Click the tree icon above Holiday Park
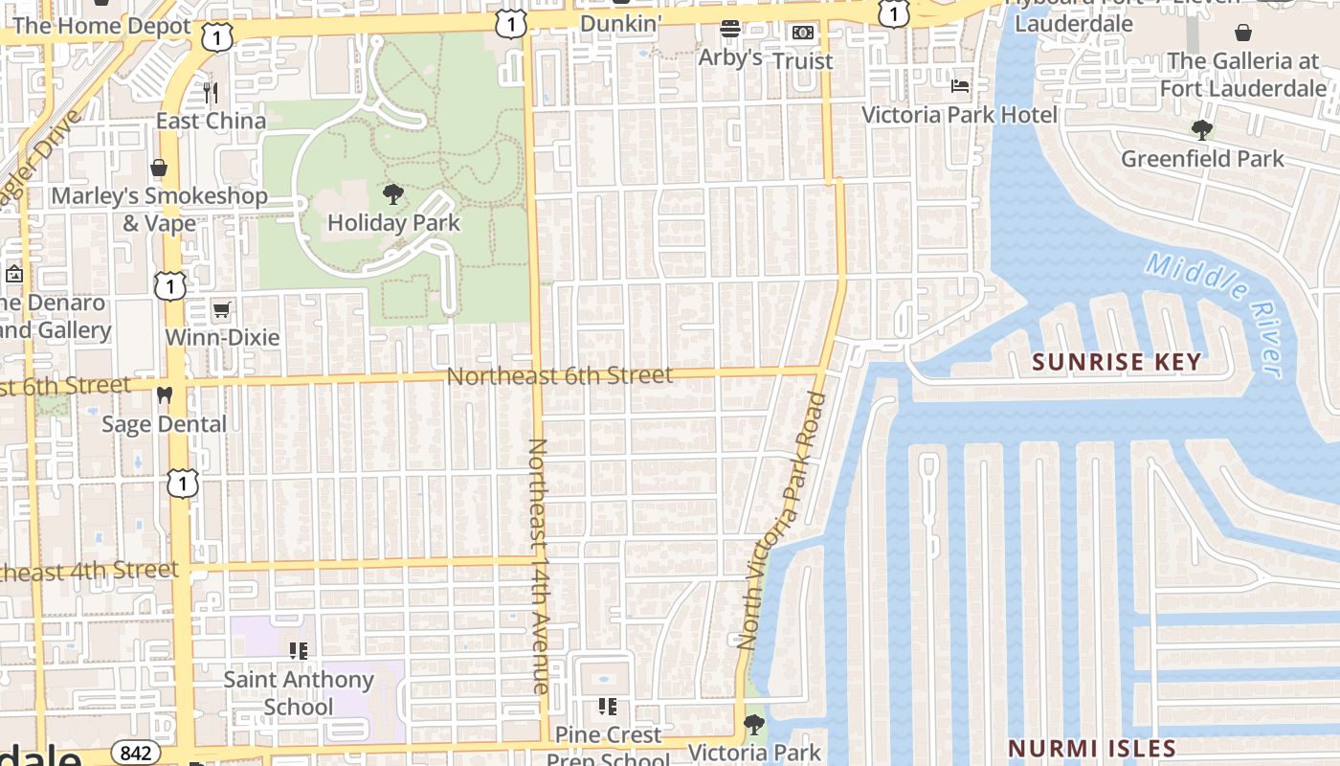click(x=392, y=195)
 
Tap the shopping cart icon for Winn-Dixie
click(x=222, y=309)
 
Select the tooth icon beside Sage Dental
click(x=164, y=394)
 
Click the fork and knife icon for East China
click(x=211, y=92)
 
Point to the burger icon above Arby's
click(x=730, y=29)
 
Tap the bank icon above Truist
click(x=803, y=33)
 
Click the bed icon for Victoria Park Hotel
click(x=960, y=86)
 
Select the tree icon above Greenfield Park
click(x=1202, y=129)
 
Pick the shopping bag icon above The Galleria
click(x=1242, y=33)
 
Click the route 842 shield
click(x=136, y=753)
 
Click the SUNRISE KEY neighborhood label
click(x=1117, y=362)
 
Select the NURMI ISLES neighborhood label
click(x=1092, y=748)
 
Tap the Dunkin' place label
click(x=621, y=23)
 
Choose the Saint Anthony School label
click(x=299, y=693)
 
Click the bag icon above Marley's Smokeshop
click(x=159, y=169)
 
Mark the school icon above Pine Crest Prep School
click(x=607, y=707)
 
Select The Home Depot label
click(x=102, y=26)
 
